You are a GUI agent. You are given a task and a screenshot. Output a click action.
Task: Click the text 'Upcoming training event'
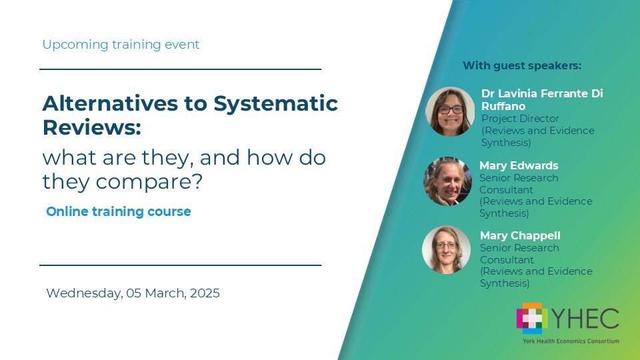tap(121, 45)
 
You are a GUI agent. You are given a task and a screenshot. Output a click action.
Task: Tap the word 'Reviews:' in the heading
tap(92, 127)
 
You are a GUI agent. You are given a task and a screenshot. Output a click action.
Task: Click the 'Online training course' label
tap(119, 211)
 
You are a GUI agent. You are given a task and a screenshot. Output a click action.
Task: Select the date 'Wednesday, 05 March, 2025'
tap(133, 293)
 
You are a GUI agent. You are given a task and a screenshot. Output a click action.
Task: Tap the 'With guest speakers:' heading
tap(522, 65)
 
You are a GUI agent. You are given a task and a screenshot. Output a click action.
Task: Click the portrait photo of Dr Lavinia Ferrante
tap(450, 111)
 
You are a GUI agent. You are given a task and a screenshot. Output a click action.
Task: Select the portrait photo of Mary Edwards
tap(447, 181)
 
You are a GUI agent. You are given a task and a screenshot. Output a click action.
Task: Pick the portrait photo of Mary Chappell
tap(446, 250)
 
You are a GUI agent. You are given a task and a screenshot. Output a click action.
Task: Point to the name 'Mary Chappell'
tap(520, 236)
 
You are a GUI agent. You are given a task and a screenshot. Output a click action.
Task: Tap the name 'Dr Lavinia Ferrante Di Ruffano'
tap(541, 99)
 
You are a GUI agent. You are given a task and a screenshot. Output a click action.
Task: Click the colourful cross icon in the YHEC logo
tap(531, 317)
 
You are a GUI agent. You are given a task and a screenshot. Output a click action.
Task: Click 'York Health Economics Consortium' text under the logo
tap(571, 341)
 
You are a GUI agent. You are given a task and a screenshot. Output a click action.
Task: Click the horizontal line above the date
tap(180, 265)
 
